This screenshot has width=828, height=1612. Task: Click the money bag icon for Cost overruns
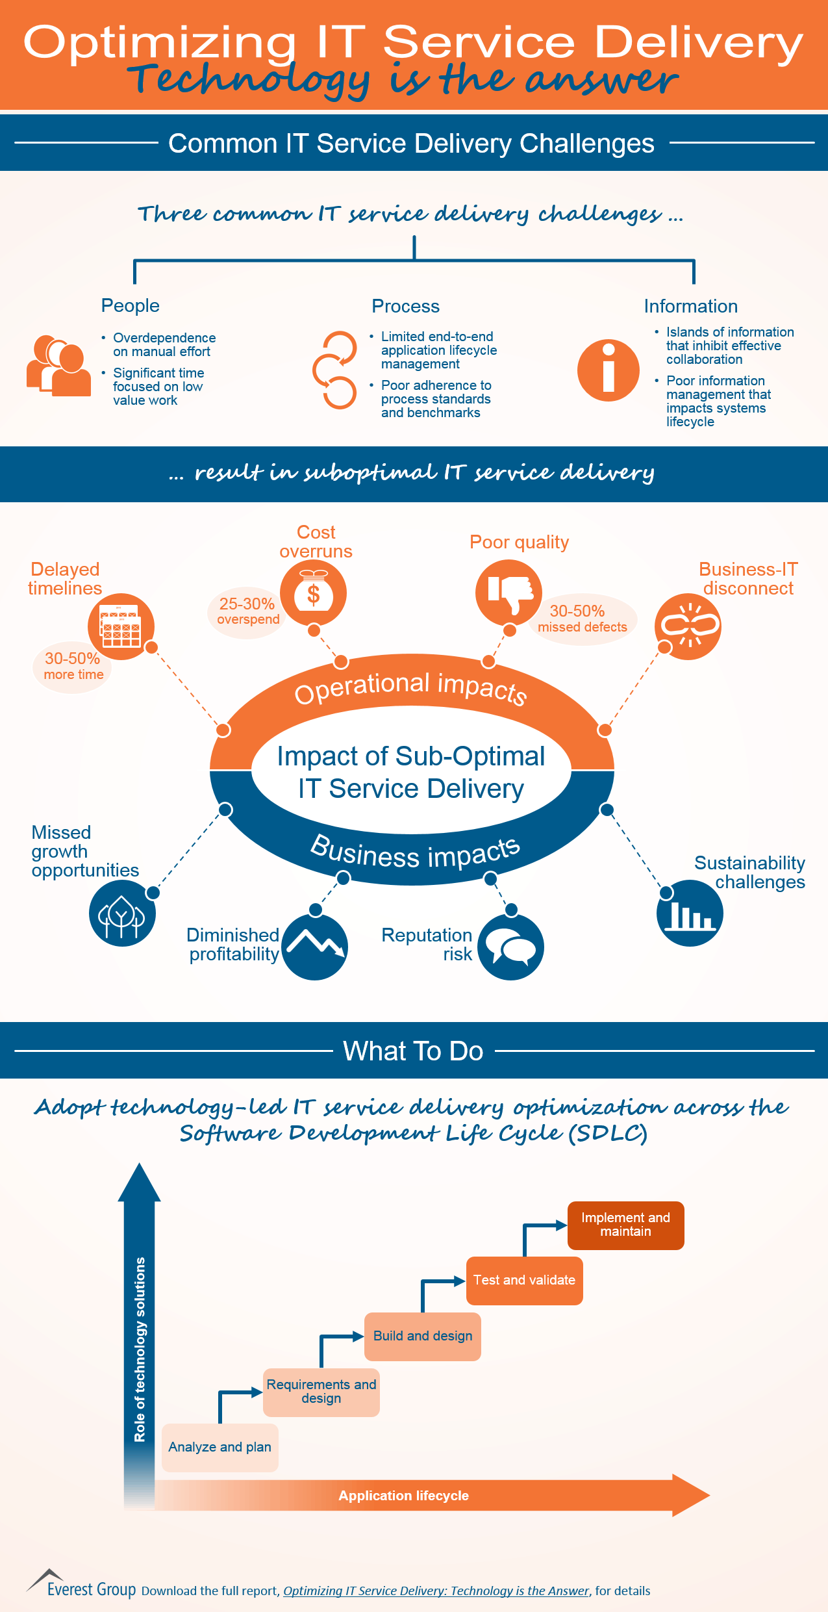pyautogui.click(x=314, y=593)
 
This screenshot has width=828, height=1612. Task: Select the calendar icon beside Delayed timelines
pyautogui.click(x=121, y=626)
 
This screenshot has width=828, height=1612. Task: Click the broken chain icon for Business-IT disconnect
pyautogui.click(x=688, y=626)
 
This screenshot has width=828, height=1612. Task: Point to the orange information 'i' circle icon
pyautogui.click(x=608, y=370)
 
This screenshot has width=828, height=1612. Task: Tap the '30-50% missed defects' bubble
pyautogui.click(x=582, y=619)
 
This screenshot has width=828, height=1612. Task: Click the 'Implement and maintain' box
pyautogui.click(x=625, y=1225)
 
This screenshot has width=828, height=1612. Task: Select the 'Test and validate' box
pyautogui.click(x=524, y=1280)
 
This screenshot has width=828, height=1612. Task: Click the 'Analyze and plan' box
pyautogui.click(x=220, y=1447)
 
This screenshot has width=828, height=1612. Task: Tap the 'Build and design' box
pyautogui.click(x=422, y=1336)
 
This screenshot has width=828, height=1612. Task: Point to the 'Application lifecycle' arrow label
pyautogui.click(x=403, y=1495)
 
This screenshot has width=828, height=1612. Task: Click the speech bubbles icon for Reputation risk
pyautogui.click(x=511, y=947)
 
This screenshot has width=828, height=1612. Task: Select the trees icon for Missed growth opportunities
pyautogui.click(x=122, y=914)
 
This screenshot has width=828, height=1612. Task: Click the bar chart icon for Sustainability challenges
pyautogui.click(x=690, y=914)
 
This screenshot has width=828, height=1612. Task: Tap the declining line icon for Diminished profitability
pyautogui.click(x=315, y=947)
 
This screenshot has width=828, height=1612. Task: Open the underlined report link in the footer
pyautogui.click(x=436, y=1591)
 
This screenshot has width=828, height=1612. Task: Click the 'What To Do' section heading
pyautogui.click(x=413, y=1051)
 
